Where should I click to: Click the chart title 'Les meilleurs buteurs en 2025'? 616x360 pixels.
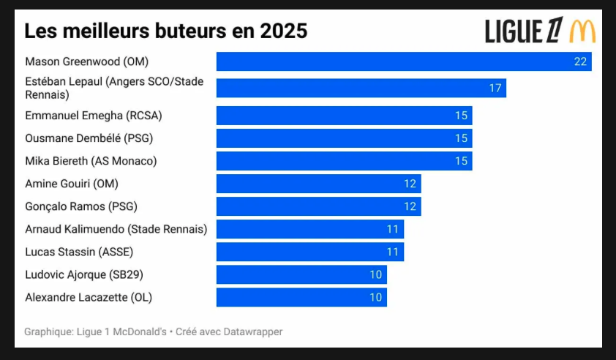pos(166,31)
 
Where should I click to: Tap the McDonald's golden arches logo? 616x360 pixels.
pos(582,31)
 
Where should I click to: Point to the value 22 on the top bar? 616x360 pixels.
pos(580,61)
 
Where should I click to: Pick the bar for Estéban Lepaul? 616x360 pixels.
pos(361,88)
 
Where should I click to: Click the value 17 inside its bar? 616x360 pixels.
pos(495,88)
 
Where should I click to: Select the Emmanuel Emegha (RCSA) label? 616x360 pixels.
pos(94,116)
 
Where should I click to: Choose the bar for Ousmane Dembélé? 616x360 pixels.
pos(344,138)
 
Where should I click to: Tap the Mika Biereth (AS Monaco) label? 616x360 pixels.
pos(91,161)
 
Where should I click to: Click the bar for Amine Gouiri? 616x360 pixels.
pos(318,184)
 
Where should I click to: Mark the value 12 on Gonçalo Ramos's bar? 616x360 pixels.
pos(410,206)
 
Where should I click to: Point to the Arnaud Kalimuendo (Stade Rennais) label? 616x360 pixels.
pos(116,229)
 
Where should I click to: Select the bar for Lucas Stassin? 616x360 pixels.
pos(310,252)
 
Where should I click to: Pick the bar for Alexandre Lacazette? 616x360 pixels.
pos(301,297)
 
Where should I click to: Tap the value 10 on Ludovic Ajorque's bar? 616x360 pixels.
pos(375,274)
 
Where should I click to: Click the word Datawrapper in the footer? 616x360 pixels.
pos(253,331)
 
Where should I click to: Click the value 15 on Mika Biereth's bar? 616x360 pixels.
pos(461,161)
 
